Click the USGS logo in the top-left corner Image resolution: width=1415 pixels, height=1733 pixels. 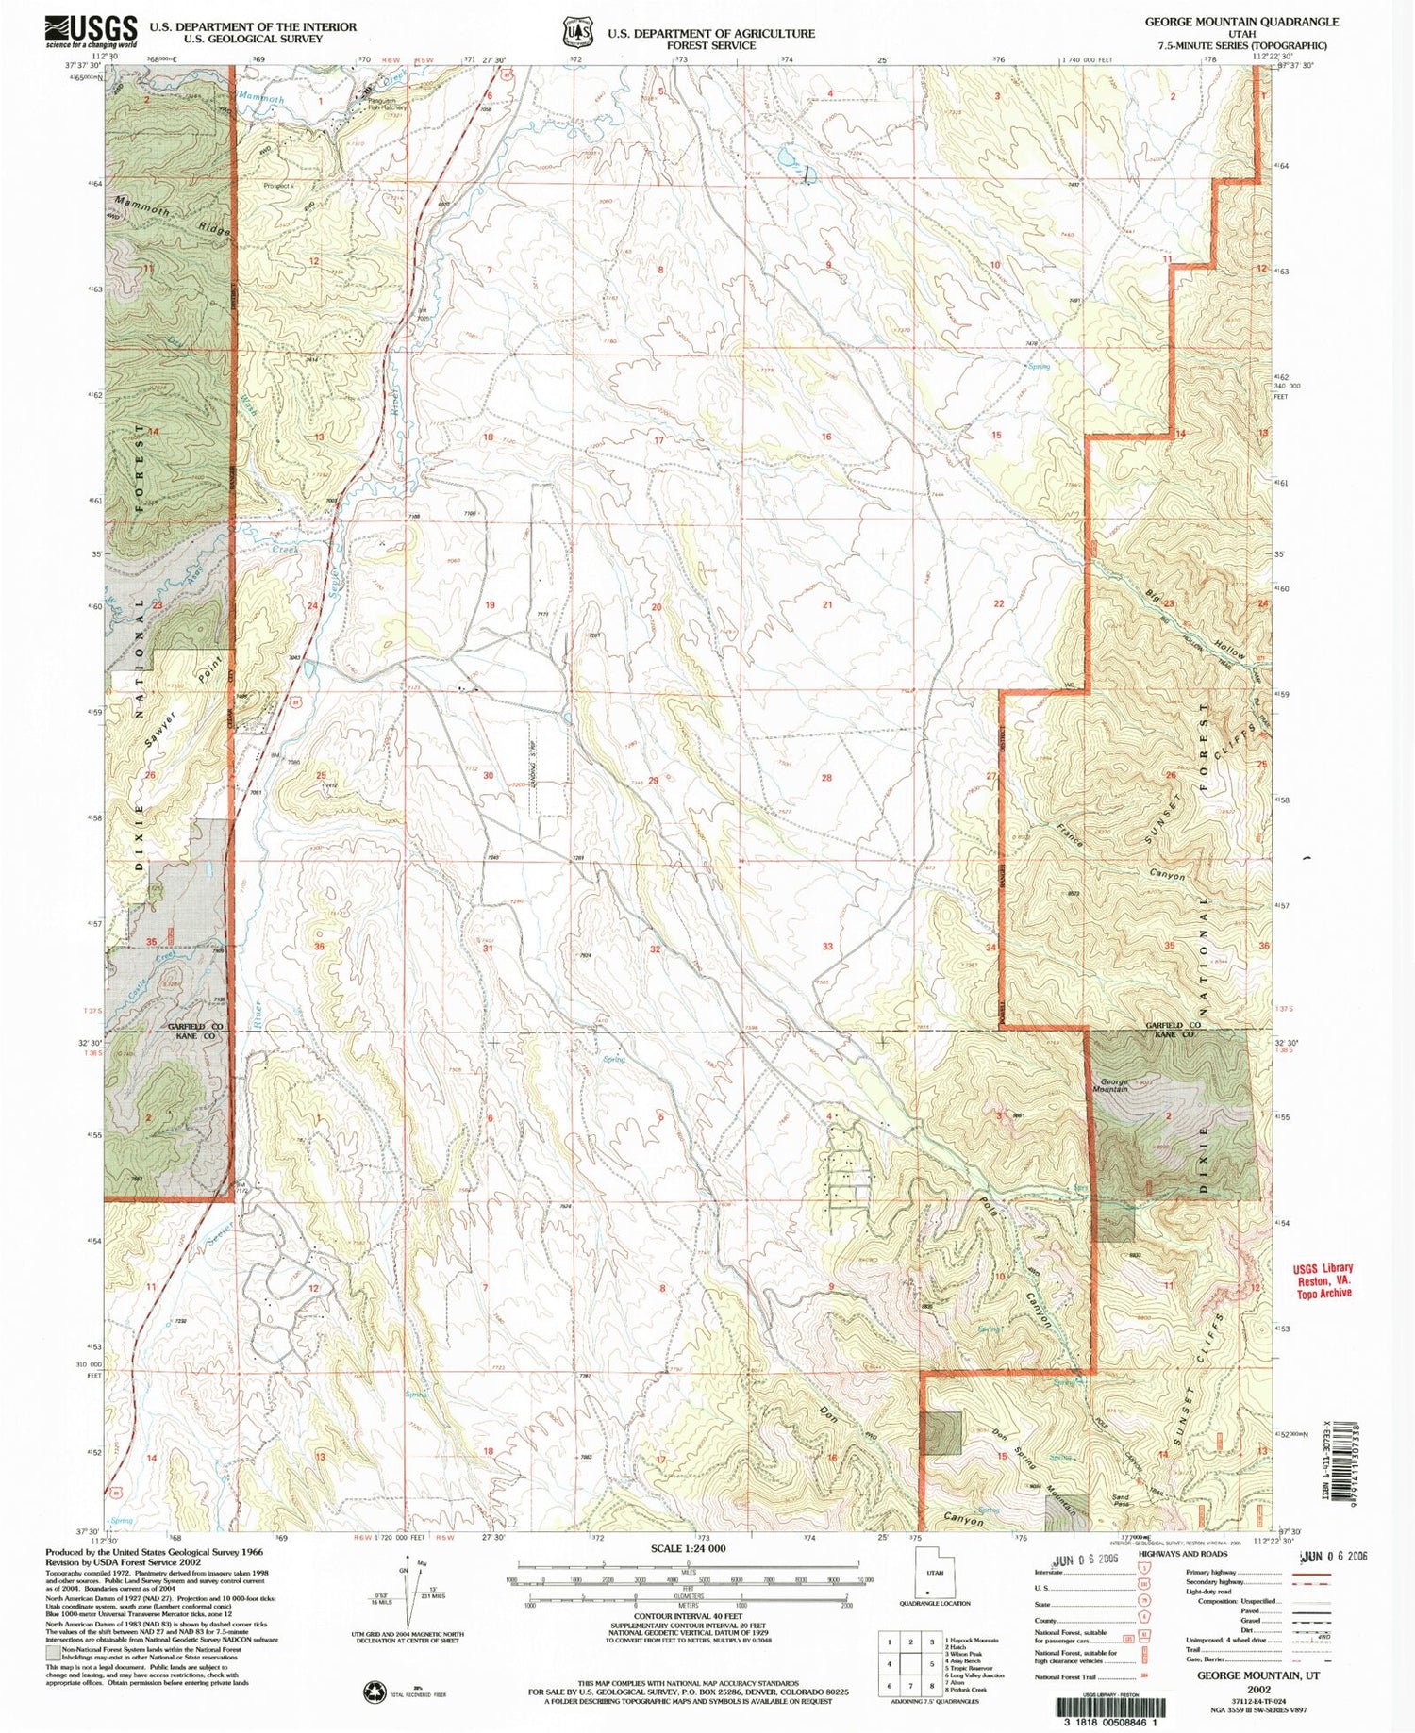pyautogui.click(x=91, y=31)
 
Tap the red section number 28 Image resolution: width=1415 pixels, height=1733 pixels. pyautogui.click(x=826, y=778)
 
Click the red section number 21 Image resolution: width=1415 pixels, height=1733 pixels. pyautogui.click(x=827, y=604)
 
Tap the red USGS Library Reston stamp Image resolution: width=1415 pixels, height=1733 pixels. pyautogui.click(x=1323, y=1280)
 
